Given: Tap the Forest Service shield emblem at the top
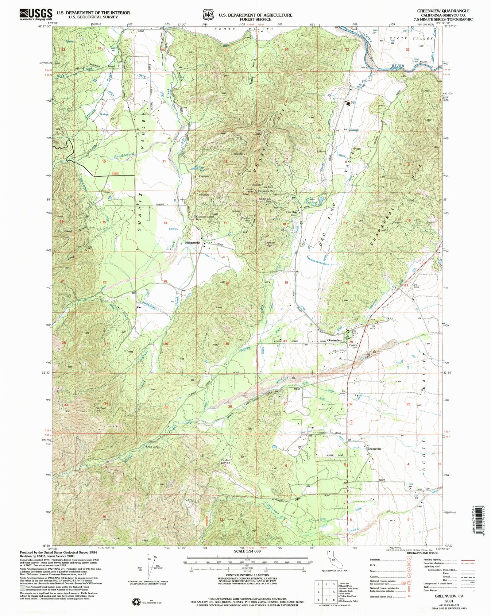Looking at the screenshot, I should pos(207,14).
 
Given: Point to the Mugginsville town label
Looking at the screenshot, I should pos(192,243).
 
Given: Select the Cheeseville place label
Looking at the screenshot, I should pos(374,449).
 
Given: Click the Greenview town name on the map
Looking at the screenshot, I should pos(334,340).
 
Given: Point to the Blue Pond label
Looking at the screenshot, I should pos(201,168).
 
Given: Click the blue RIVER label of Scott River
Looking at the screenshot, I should pos(397,66).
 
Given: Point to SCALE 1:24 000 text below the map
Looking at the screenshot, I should pos(247,551).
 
